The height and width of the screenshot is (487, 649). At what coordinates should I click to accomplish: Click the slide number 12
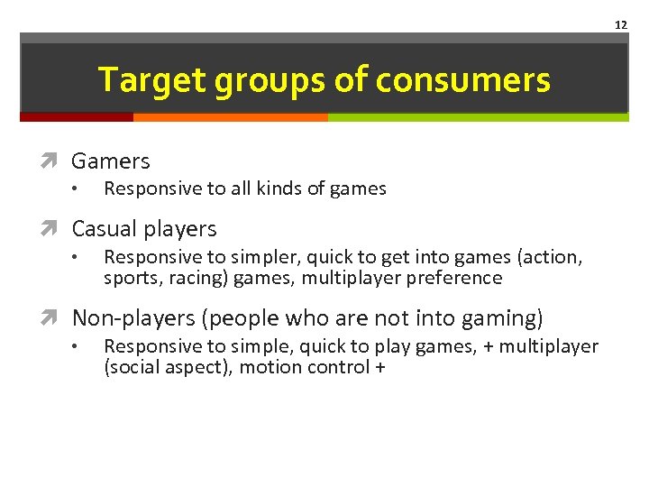620,24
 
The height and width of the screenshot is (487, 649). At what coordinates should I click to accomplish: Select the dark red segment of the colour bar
77,117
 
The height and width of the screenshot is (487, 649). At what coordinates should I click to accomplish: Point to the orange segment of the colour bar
230,117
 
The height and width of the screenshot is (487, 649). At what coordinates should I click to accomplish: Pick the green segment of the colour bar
478,117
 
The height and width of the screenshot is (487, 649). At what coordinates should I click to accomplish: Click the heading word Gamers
111,161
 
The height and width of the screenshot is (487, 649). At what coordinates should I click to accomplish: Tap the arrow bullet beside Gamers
56,161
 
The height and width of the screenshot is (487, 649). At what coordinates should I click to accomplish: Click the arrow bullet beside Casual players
56,229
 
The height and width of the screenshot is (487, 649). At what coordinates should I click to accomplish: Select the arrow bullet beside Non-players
56,318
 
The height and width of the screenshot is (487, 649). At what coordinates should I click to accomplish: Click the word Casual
105,229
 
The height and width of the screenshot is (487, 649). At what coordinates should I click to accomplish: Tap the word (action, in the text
551,257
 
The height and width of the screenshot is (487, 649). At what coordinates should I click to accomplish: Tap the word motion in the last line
268,367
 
